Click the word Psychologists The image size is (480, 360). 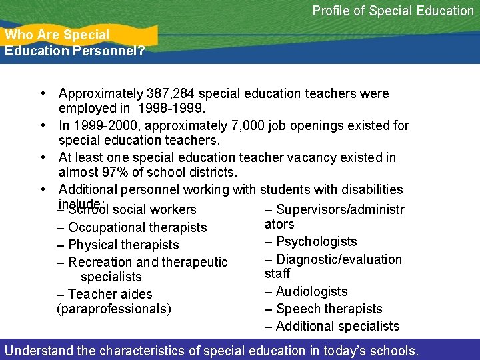pyautogui.click(x=317, y=241)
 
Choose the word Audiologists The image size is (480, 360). pyautogui.click(x=311, y=291)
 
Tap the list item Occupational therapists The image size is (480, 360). pyautogui.click(x=137, y=227)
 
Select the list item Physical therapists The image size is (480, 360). pyautogui.click(x=123, y=245)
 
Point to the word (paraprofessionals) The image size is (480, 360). pyautogui.click(x=114, y=309)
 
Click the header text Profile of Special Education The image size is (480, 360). pyautogui.click(x=393, y=11)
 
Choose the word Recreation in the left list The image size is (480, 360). pyautogui.click(x=99, y=262)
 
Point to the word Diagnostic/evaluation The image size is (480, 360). pyautogui.click(x=339, y=259)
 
